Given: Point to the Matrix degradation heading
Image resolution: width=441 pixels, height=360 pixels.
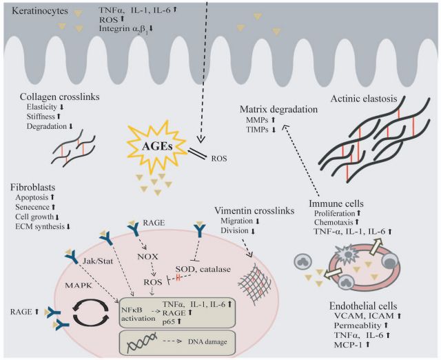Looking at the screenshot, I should pyautogui.click(x=277, y=109).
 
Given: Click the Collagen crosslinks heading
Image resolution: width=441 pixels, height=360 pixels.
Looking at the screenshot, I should pyautogui.click(x=52, y=96).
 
